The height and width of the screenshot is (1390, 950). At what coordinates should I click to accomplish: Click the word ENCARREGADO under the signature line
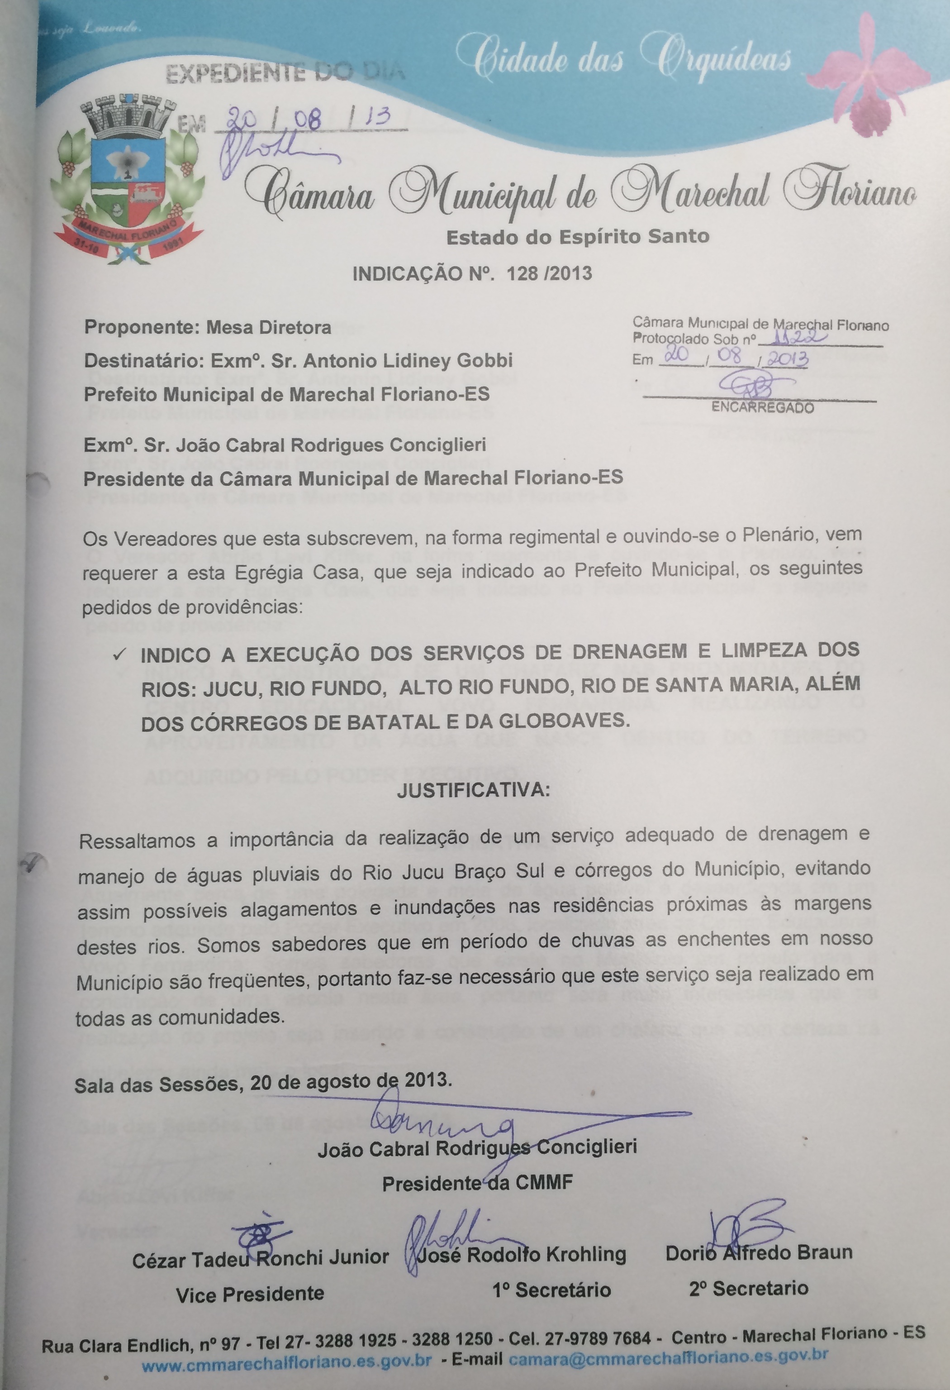(x=762, y=408)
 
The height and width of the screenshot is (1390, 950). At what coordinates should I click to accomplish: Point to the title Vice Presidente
(x=250, y=1294)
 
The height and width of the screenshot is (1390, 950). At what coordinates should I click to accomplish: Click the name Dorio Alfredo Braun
(x=759, y=1252)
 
